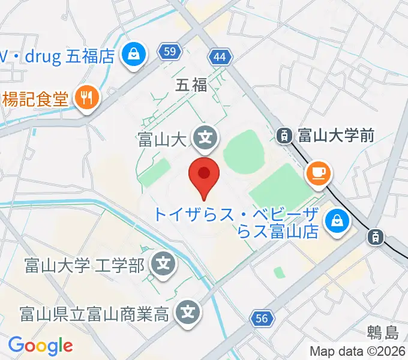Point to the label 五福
click(191, 85)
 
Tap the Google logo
click(40, 346)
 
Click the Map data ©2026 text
click(358, 351)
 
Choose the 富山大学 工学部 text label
click(84, 264)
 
